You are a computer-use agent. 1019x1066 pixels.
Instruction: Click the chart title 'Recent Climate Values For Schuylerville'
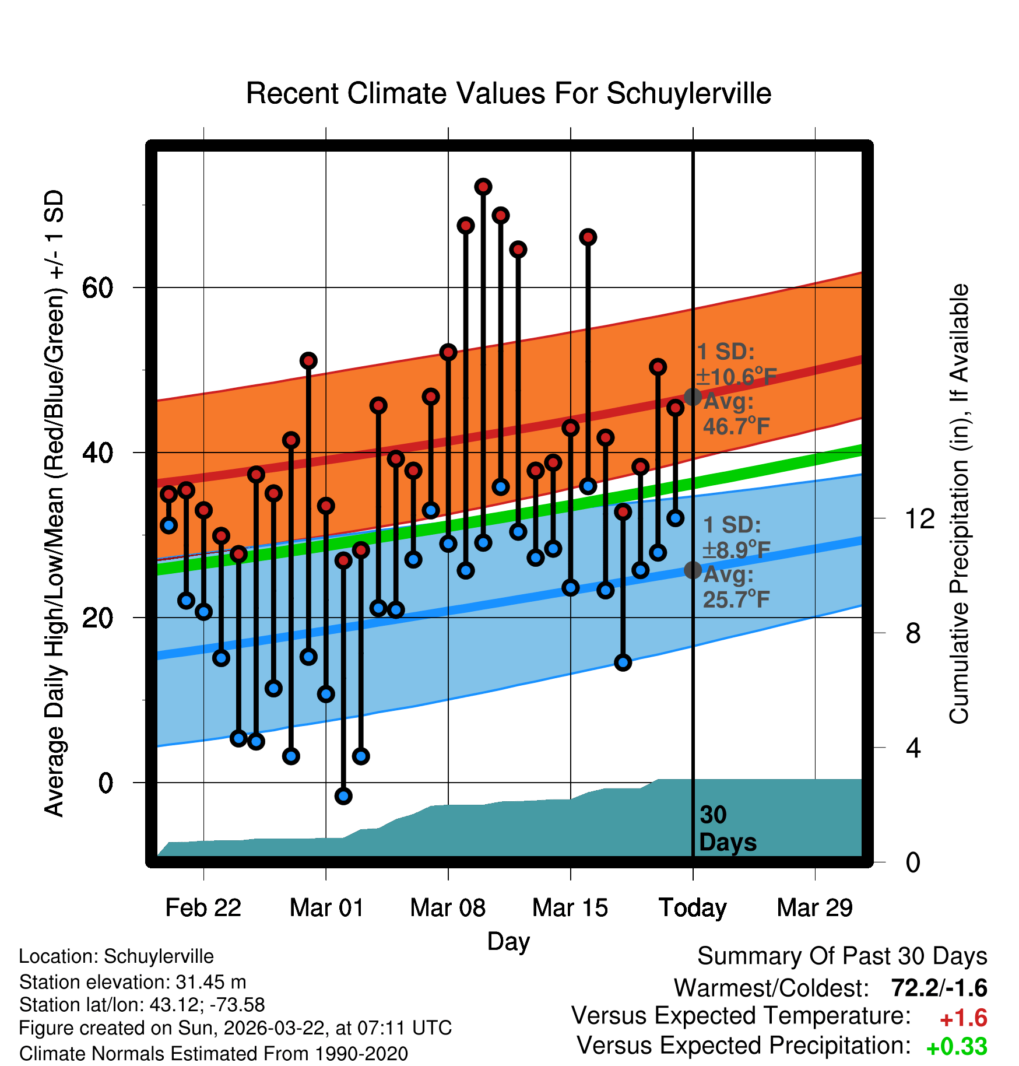[x=508, y=94]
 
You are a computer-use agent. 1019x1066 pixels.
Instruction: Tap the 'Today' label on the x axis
[x=693, y=908]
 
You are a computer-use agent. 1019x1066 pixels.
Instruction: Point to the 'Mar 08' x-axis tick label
[x=448, y=908]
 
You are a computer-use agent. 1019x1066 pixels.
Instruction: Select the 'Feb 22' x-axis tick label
[x=203, y=908]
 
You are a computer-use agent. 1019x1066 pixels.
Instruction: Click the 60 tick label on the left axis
[x=97, y=287]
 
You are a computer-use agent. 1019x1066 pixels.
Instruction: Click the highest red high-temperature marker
[x=483, y=187]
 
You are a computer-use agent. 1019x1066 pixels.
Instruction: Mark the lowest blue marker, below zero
[x=343, y=796]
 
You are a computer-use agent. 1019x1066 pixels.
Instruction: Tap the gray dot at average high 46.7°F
[x=693, y=397]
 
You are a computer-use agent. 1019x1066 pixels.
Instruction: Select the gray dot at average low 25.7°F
[x=693, y=570]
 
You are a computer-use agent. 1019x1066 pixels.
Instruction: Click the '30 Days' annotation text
[x=727, y=829]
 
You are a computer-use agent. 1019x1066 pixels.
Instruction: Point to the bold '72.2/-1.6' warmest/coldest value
[x=939, y=988]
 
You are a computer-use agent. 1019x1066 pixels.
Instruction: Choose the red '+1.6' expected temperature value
[x=963, y=1018]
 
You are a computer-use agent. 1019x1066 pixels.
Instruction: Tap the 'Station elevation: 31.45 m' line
[x=133, y=982]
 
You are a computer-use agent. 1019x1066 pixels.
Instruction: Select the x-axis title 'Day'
[x=508, y=941]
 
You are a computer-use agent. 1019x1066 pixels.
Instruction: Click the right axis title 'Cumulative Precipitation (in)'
[x=959, y=504]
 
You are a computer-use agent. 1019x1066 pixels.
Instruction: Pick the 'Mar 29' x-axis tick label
[x=814, y=908]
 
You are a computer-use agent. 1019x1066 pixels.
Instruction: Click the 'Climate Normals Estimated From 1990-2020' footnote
[x=213, y=1054]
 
